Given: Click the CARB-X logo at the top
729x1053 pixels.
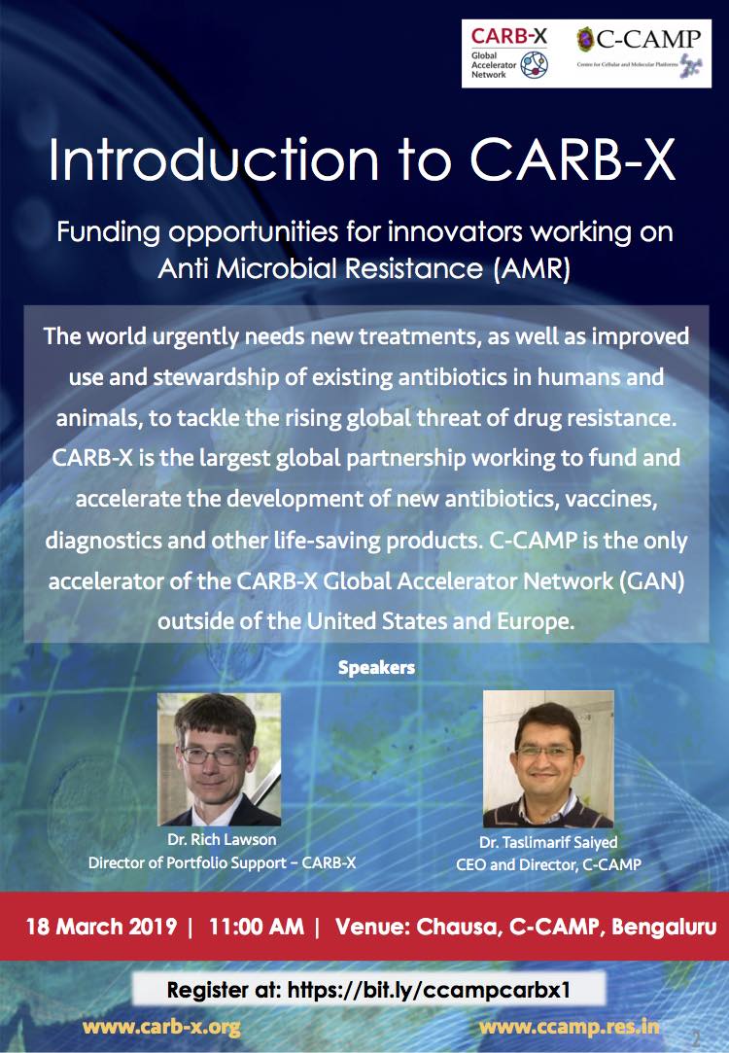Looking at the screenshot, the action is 508,53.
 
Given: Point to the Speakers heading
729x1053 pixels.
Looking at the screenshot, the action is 376,668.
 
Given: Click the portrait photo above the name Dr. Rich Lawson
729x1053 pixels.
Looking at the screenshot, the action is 219,758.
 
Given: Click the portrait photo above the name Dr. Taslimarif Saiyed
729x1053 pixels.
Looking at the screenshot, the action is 548,758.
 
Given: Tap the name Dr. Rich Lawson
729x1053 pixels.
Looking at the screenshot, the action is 222,839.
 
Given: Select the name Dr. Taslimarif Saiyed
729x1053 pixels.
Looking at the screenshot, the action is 548,842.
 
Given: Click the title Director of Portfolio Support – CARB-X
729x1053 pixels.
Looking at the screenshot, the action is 223,863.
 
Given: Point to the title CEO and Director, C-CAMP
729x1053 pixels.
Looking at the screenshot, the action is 548,864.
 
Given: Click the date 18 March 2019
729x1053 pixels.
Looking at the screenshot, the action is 101,927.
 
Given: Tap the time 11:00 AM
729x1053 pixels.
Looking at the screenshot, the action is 257,927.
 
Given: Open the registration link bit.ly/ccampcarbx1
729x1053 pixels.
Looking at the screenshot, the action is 429,990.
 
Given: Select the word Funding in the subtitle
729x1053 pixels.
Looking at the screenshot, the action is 108,232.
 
